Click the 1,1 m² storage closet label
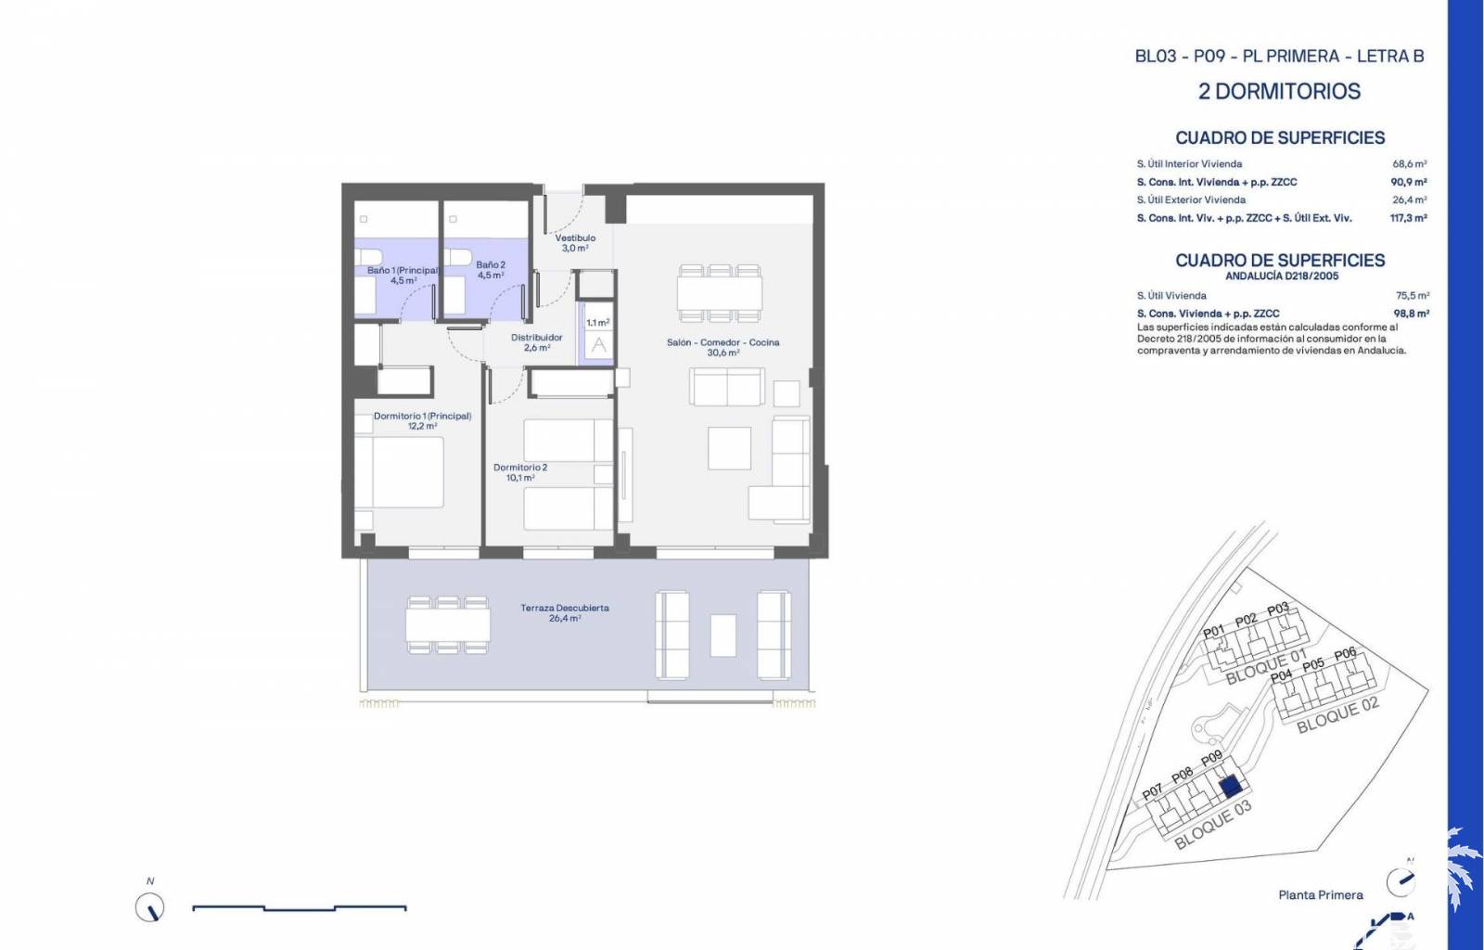tap(597, 323)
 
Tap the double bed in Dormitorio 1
tap(400, 472)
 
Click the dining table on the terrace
tap(448, 624)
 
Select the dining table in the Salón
tap(720, 293)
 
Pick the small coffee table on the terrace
tap(723, 635)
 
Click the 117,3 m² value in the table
tap(1409, 218)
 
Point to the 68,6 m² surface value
tap(1410, 163)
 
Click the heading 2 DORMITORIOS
tap(1279, 92)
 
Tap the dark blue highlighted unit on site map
tap(1230, 787)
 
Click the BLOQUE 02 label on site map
tap(1337, 715)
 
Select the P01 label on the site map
tap(1214, 632)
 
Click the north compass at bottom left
tap(149, 907)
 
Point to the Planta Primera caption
tap(1321, 895)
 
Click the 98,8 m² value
tap(1411, 314)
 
